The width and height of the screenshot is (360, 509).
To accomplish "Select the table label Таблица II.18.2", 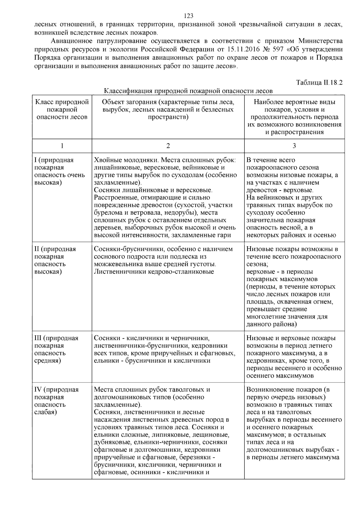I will coord(319,82).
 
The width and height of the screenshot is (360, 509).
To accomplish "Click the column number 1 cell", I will coord(62,146).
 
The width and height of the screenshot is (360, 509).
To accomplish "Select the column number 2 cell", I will coord(168,146).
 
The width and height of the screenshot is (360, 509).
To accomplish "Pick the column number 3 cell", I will coord(294,146).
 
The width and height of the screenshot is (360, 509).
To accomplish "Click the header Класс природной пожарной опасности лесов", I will coord(62,109).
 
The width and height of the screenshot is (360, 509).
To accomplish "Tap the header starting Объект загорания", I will coord(168,109).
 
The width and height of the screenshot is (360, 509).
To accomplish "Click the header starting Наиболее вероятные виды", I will coord(294,117).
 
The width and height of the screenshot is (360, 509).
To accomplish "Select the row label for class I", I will coord(60,171).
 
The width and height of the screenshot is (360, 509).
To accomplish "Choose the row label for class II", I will coord(55,260).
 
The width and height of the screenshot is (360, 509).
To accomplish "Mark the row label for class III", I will coord(56,349).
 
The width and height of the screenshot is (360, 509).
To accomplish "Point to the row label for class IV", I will coord(56,401).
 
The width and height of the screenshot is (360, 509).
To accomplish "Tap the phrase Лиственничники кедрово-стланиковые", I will coord(154,272).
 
